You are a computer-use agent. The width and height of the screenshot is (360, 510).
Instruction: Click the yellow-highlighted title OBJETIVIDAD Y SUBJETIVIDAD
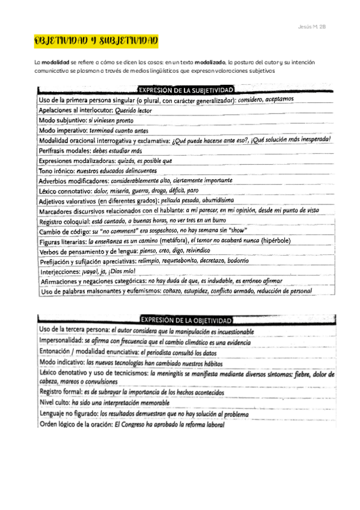click(x=96, y=40)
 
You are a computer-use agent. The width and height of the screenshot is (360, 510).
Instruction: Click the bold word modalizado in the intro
click(x=209, y=63)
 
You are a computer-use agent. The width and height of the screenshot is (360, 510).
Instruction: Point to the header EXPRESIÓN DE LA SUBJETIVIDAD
click(x=187, y=90)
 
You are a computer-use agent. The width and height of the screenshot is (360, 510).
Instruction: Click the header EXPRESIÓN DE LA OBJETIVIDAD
click(x=187, y=319)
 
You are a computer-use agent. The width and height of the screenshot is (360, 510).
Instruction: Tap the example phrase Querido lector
click(x=133, y=111)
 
